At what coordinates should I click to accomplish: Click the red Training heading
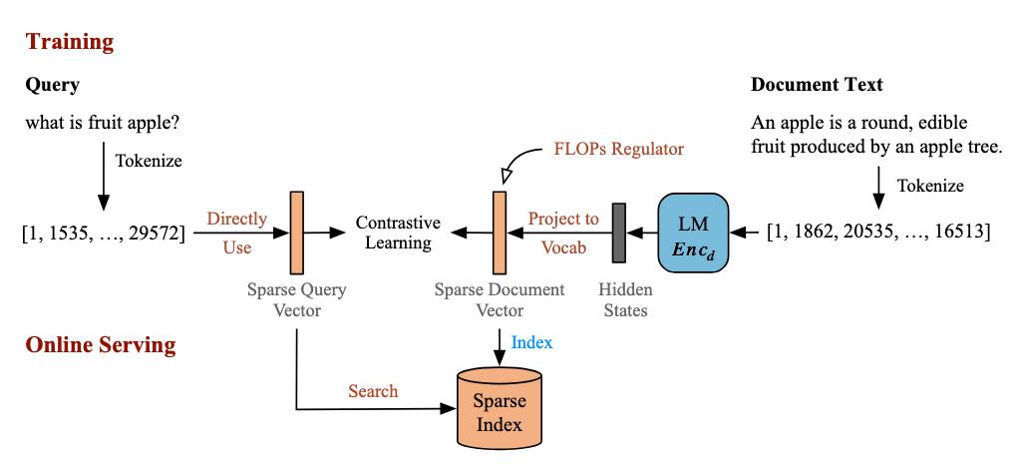point(70,42)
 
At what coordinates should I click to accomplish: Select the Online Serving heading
point(101,345)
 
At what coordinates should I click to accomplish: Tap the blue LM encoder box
point(692,234)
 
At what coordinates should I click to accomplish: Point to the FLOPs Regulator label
point(619,150)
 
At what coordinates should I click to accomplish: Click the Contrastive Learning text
point(394,234)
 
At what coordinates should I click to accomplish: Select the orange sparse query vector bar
point(296,234)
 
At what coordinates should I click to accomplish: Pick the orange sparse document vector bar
point(500,234)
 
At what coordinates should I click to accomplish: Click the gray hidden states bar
point(618,234)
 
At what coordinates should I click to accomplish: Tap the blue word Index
point(531,342)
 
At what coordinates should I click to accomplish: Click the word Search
point(373,391)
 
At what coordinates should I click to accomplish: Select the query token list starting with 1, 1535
point(103,234)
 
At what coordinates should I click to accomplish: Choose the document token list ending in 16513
point(877,234)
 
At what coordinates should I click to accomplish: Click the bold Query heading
point(53,86)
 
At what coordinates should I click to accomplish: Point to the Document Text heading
point(817,86)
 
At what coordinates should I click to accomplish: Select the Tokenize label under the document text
point(930,186)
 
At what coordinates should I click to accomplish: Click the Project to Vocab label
point(563,234)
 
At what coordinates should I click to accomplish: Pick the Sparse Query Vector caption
point(296,299)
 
